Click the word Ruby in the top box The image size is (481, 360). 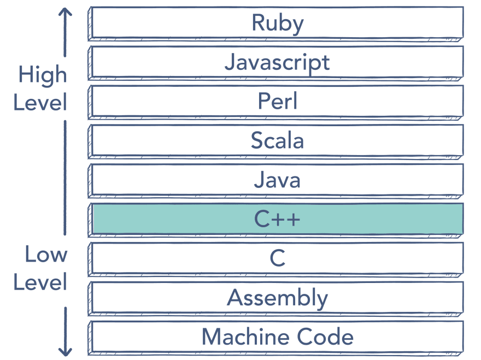278,23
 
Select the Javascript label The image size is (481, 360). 277,63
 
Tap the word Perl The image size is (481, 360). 278,101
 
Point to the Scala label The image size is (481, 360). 277,140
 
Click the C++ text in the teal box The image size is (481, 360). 277,219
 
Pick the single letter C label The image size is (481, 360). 277,258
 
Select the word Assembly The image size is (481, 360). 277,299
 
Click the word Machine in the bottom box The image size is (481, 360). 245,337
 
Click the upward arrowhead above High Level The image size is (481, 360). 65,12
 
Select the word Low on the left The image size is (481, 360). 46,254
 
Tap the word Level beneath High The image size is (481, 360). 40,102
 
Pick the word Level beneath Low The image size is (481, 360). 40,282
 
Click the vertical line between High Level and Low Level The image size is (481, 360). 65,178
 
